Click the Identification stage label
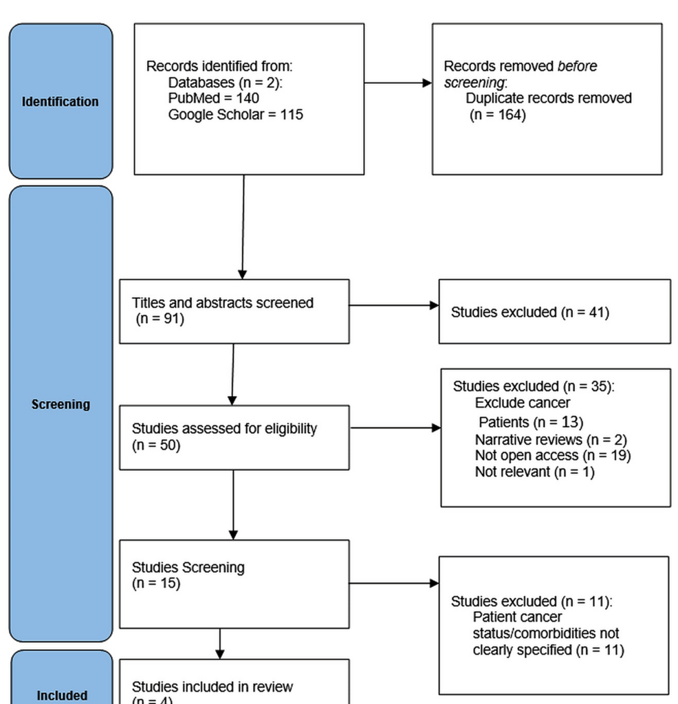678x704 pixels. click(61, 102)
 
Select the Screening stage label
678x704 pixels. click(61, 404)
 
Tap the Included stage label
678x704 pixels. click(62, 695)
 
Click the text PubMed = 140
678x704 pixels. click(213, 98)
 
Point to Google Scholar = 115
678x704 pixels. click(235, 115)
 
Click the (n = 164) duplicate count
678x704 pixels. click(498, 115)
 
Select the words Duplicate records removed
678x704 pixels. click(548, 98)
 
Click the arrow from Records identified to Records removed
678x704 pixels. click(397, 83)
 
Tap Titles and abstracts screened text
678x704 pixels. click(222, 302)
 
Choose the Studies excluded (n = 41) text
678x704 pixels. click(529, 312)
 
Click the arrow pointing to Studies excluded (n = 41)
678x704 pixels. click(393, 305)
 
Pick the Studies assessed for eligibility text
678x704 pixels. click(224, 428)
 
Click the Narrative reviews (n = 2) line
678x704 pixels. click(550, 439)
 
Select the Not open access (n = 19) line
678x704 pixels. click(552, 455)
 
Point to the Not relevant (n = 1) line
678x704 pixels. click(534, 472)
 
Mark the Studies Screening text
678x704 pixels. click(188, 567)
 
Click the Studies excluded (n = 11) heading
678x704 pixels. click(531, 602)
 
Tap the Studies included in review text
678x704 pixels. click(212, 687)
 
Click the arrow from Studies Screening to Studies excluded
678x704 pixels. click(393, 584)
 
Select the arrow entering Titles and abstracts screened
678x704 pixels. click(243, 227)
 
